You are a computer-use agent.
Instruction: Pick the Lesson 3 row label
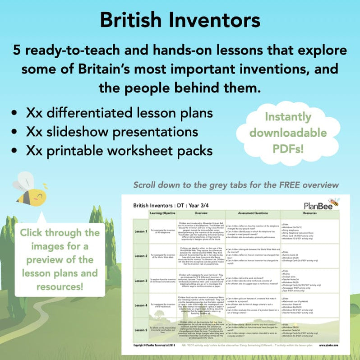[140, 280]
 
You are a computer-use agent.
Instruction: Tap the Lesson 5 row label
[140, 330]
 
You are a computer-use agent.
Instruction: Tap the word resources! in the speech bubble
[60, 285]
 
